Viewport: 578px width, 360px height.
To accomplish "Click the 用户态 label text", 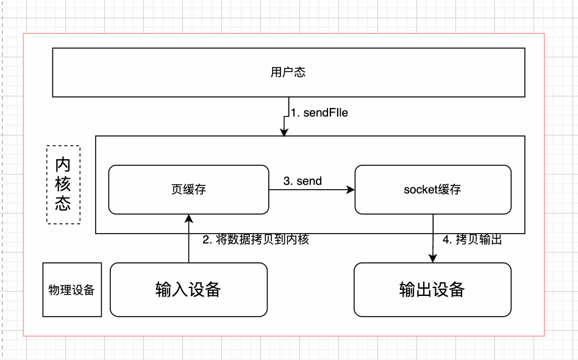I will point(288,73).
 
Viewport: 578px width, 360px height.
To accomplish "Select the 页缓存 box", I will point(188,190).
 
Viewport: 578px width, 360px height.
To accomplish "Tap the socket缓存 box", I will point(432,190).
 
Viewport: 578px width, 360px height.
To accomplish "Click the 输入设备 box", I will point(188,289).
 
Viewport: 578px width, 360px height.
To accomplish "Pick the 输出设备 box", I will point(432,289).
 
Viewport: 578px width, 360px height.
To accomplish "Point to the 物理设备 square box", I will point(72,290).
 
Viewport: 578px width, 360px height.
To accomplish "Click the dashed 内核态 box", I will point(63,184).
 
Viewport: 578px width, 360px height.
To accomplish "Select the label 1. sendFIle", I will point(319,113).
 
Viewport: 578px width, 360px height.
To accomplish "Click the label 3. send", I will point(302,181).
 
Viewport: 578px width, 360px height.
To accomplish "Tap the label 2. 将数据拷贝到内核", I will point(256,240).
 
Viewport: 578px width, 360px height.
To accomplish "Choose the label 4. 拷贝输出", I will point(472,240).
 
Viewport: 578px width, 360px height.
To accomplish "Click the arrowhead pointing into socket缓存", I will point(351,190).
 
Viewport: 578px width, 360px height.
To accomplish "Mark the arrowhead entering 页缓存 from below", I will point(188,218).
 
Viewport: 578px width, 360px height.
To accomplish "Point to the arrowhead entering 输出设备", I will point(432,259).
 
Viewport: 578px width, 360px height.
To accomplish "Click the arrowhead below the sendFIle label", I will point(284,132).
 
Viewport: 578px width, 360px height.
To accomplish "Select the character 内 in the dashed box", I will point(63,165).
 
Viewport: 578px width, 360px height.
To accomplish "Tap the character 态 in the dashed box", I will point(63,203).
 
